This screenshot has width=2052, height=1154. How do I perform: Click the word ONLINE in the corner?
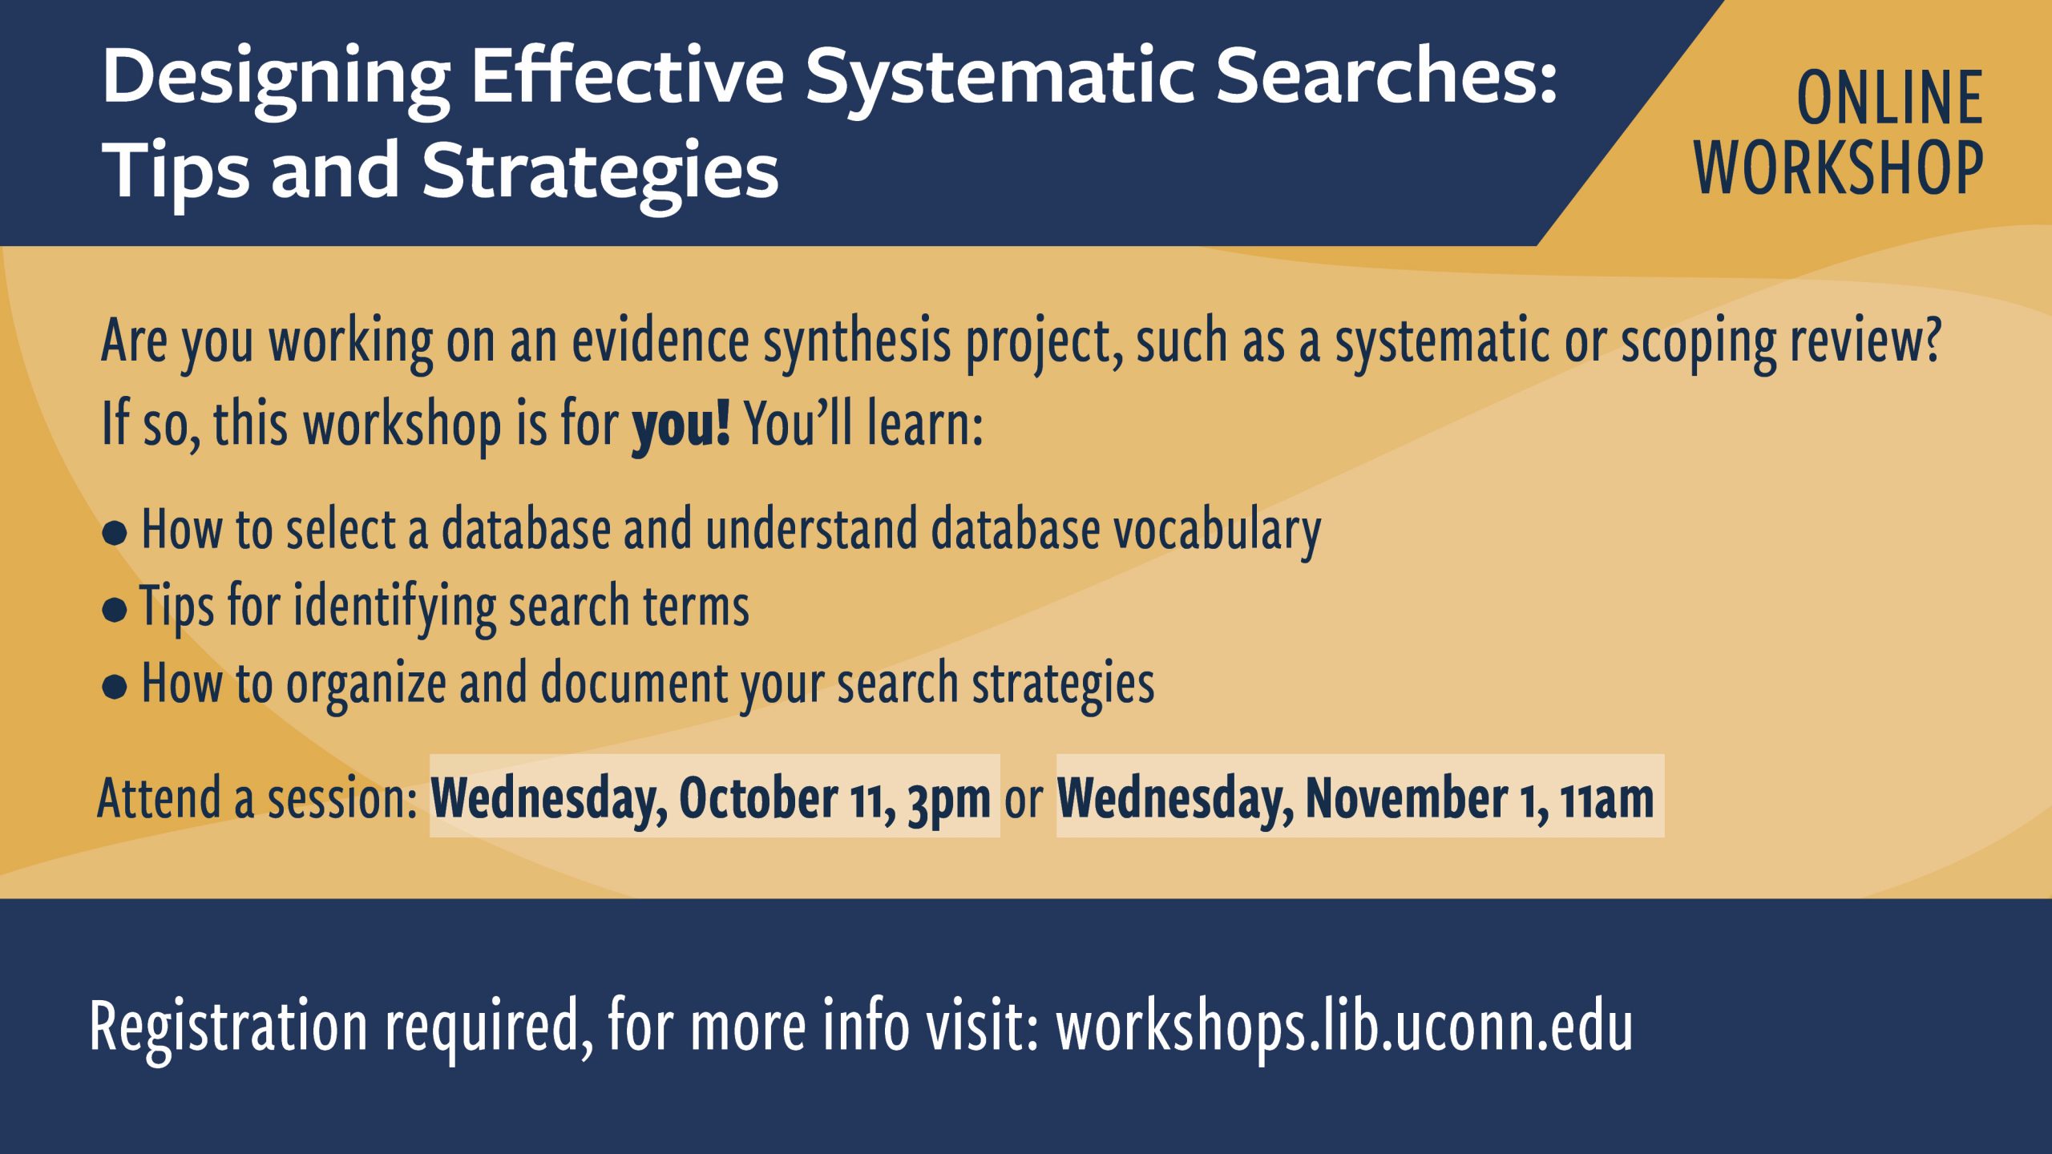pyautogui.click(x=1890, y=98)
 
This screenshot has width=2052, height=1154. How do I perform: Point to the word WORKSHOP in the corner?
pyautogui.click(x=1839, y=167)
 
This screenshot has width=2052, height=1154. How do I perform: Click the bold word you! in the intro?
pyautogui.click(x=681, y=425)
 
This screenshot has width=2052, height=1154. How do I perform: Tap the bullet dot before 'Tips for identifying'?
pyautogui.click(x=115, y=611)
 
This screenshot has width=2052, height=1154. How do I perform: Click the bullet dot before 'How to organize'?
pyautogui.click(x=115, y=687)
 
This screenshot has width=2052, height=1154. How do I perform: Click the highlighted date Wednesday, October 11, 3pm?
pyautogui.click(x=714, y=797)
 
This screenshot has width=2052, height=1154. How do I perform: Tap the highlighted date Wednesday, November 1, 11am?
pyautogui.click(x=1360, y=797)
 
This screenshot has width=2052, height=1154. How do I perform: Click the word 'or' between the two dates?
pyautogui.click(x=1024, y=800)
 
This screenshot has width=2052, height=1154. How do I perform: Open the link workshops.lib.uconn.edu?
pyautogui.click(x=1344, y=1027)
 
